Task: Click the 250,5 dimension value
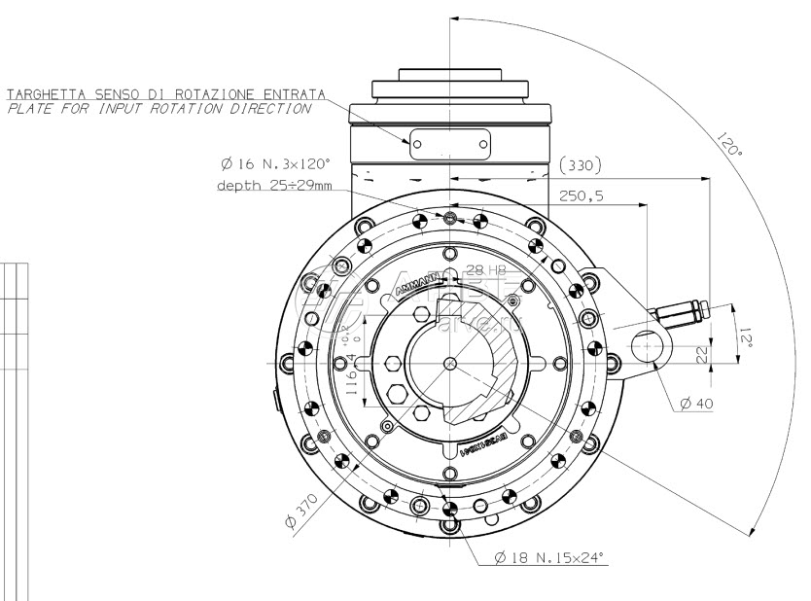pyautogui.click(x=582, y=195)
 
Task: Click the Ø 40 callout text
pyautogui.click(x=698, y=404)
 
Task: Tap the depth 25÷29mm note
pyautogui.click(x=274, y=184)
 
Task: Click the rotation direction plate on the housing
pyautogui.click(x=448, y=144)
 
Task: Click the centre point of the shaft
pyautogui.click(x=449, y=363)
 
